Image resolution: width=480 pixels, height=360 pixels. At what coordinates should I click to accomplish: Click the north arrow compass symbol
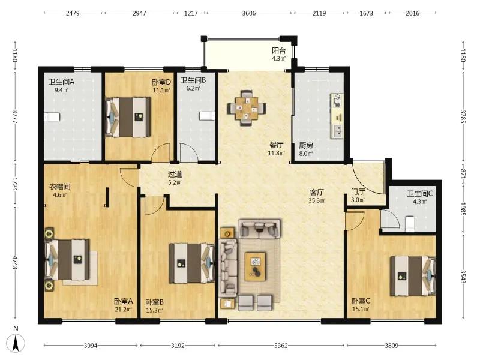[16, 342]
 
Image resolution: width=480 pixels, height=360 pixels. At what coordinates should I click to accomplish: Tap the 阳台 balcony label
[278, 51]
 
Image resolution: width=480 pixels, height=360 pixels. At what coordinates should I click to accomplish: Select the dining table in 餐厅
[247, 108]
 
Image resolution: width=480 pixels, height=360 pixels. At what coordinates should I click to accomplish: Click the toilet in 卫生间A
[52, 117]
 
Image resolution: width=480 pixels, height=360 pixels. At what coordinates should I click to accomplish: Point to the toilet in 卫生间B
[207, 116]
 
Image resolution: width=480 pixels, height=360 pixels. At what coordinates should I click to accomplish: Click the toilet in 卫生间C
[409, 224]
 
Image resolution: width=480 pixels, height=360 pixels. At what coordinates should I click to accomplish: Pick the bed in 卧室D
[128, 117]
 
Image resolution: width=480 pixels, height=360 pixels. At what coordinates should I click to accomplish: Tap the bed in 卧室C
[413, 276]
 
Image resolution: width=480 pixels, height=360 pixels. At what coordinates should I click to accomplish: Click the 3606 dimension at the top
[249, 13]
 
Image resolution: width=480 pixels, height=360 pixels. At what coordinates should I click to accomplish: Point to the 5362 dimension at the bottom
[281, 346]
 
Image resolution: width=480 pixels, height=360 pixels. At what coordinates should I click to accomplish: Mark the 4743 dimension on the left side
[14, 263]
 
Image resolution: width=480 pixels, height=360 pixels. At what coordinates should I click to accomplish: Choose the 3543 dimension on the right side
[463, 277]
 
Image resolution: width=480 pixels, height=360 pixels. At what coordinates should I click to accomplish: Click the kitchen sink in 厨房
[337, 131]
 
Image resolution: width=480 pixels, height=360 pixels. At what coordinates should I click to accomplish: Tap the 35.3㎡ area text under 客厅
[317, 200]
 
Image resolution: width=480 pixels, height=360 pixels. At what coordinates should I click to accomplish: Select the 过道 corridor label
[175, 175]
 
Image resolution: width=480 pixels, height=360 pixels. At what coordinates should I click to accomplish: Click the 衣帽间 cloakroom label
[60, 187]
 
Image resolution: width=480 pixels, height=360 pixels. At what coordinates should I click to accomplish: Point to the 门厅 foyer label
[358, 192]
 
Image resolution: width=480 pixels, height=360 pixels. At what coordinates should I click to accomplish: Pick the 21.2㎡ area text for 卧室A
[124, 310]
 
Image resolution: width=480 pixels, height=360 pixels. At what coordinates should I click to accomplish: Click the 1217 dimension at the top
[191, 13]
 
